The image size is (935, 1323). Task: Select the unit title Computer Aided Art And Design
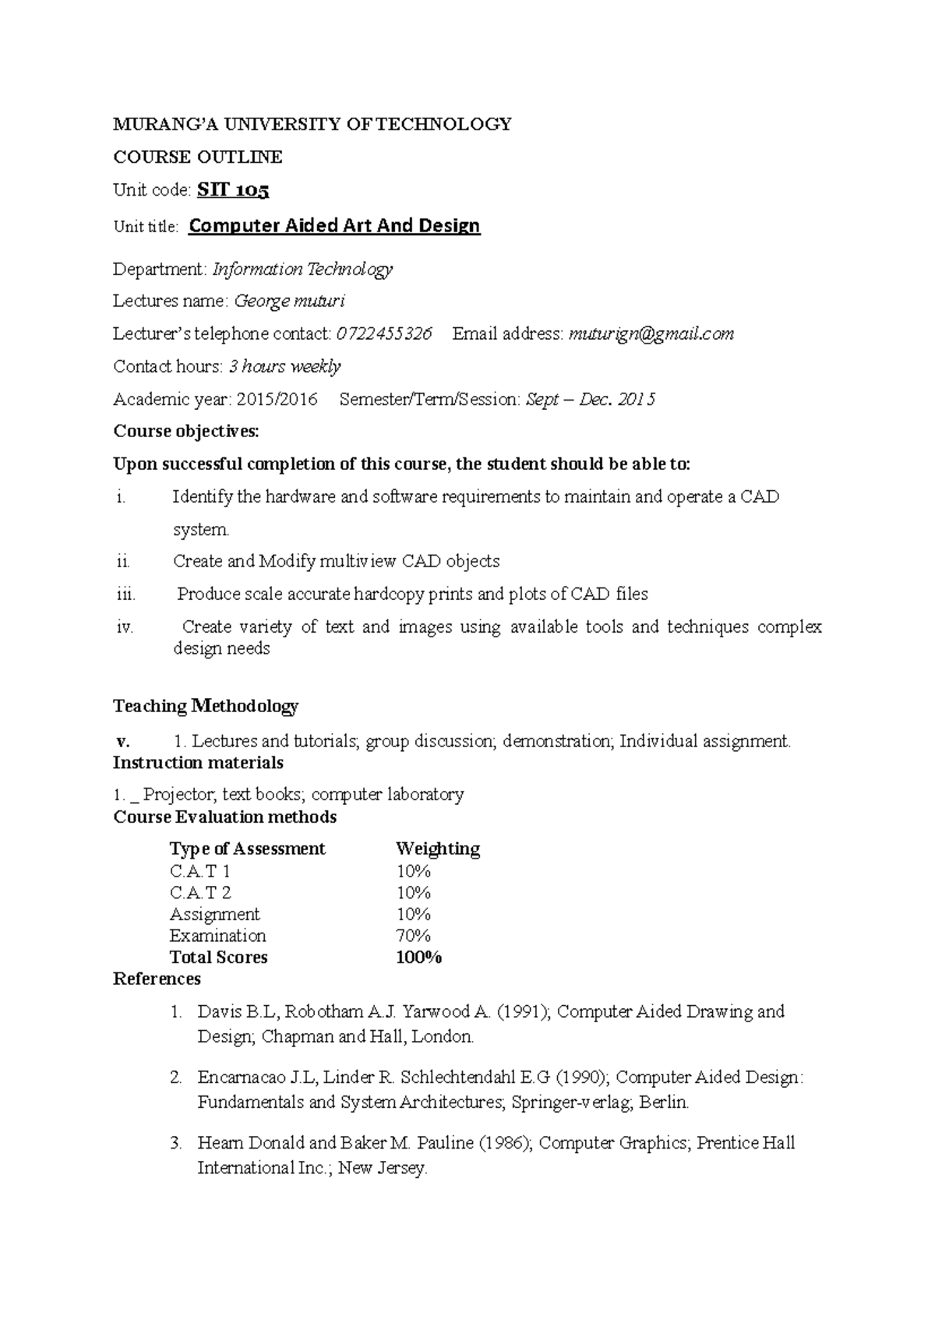334,226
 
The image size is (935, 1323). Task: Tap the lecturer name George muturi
289,301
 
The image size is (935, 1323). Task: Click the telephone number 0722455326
383,334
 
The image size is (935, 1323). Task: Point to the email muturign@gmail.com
651,334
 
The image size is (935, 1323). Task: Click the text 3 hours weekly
284,367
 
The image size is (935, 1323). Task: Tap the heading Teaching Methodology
206,706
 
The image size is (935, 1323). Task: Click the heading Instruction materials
198,762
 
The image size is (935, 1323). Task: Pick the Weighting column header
437,848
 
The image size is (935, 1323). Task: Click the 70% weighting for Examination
413,936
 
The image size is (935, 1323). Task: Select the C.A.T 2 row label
200,892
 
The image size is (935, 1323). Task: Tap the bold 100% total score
418,958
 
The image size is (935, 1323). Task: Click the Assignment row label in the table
214,914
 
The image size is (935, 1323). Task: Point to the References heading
157,979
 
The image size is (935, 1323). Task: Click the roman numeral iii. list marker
125,594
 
